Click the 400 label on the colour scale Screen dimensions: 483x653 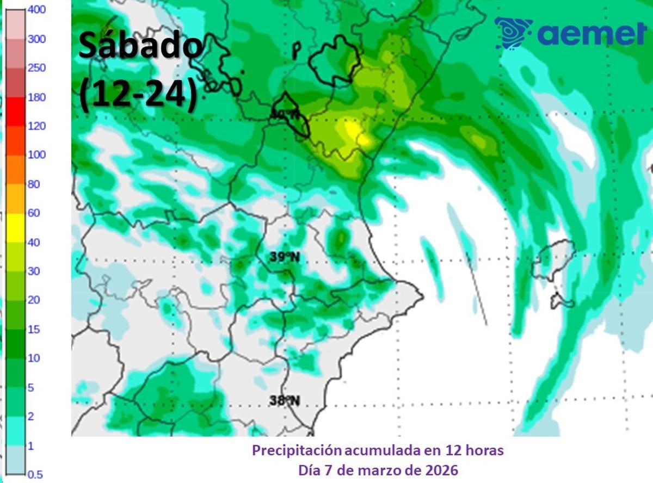(x=36, y=10)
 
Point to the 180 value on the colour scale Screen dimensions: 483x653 (x=36, y=97)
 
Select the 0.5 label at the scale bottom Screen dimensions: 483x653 (x=35, y=474)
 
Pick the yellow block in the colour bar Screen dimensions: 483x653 (x=16, y=228)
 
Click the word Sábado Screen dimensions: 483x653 (x=140, y=46)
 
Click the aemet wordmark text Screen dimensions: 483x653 (x=591, y=34)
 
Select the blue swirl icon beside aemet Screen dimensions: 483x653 (x=513, y=33)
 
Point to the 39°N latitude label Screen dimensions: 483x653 (x=285, y=257)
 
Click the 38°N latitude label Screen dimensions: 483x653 (x=285, y=401)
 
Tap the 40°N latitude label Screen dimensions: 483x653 (x=284, y=114)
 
